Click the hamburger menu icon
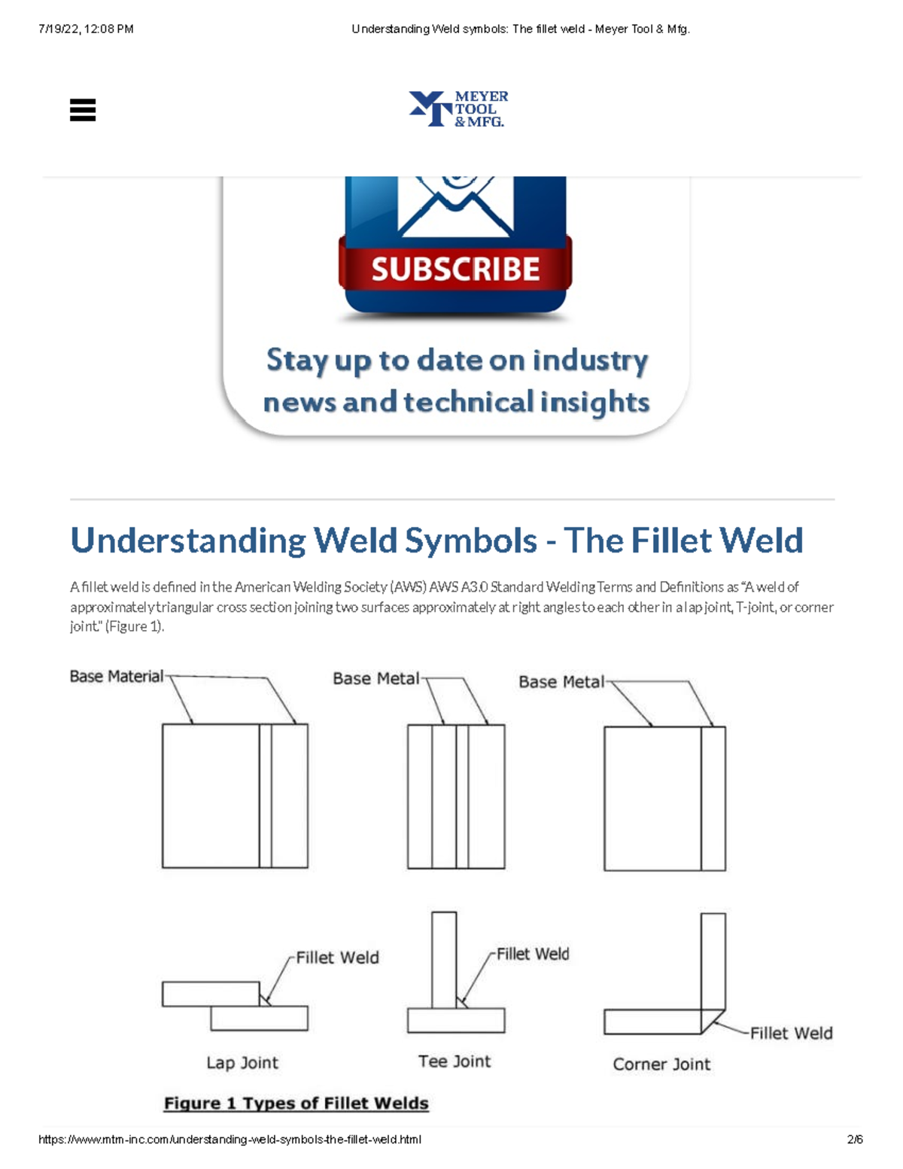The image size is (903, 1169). (82, 110)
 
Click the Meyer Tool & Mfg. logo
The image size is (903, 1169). (458, 108)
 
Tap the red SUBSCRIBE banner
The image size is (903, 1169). (455, 269)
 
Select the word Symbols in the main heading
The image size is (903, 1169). (470, 540)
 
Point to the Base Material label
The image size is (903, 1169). (116, 676)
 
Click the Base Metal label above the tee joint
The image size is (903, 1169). (376, 678)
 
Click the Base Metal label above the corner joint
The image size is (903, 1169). (561, 681)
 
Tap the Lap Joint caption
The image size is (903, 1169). (242, 1063)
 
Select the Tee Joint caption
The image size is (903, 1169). (455, 1061)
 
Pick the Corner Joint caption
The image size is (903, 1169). (661, 1064)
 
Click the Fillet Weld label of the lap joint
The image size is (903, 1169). (338, 957)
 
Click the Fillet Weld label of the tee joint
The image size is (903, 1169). (533, 954)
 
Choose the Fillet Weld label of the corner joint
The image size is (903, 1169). (791, 1033)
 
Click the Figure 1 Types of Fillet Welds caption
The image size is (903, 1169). (296, 1103)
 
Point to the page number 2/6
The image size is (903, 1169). (855, 1139)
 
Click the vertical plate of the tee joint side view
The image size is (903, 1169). (444, 960)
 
